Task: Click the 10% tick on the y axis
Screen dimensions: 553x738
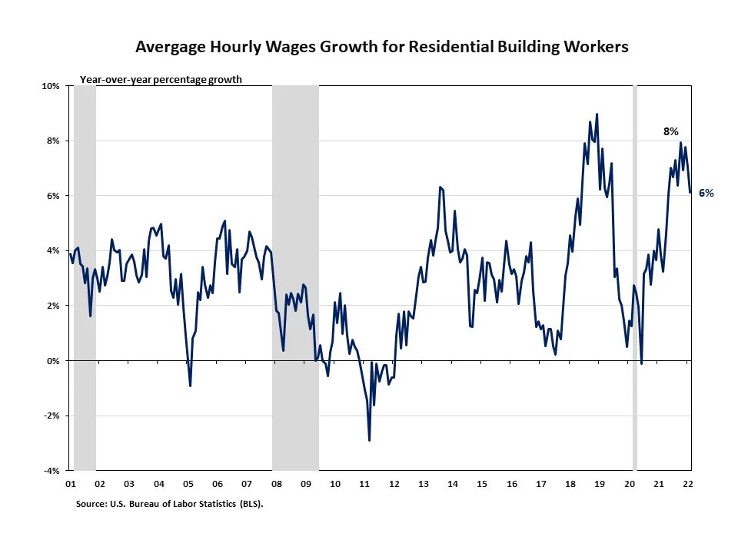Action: pyautogui.click(x=51, y=86)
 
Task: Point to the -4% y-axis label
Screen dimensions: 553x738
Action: pyautogui.click(x=52, y=471)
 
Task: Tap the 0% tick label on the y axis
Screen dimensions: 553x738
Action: pyautogui.click(x=53, y=361)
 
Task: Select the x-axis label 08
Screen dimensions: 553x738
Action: pyautogui.click(x=276, y=485)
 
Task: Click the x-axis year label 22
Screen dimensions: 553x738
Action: pyautogui.click(x=688, y=485)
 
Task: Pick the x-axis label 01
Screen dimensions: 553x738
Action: pyautogui.click(x=69, y=485)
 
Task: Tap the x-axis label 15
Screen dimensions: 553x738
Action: pyautogui.click(x=482, y=485)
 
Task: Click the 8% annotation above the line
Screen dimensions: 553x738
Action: pyautogui.click(x=671, y=132)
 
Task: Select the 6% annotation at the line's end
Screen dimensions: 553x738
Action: pyautogui.click(x=706, y=194)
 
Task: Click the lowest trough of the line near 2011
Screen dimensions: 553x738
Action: pyautogui.click(x=370, y=440)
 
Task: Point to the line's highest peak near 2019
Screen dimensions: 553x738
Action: pyautogui.click(x=597, y=114)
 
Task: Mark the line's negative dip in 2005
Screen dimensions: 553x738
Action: pyautogui.click(x=190, y=386)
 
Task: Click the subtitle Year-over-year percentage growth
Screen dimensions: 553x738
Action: pyautogui.click(x=161, y=79)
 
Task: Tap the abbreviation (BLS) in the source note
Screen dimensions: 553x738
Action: pyautogui.click(x=259, y=505)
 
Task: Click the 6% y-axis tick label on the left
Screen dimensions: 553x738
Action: pyautogui.click(x=53, y=196)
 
